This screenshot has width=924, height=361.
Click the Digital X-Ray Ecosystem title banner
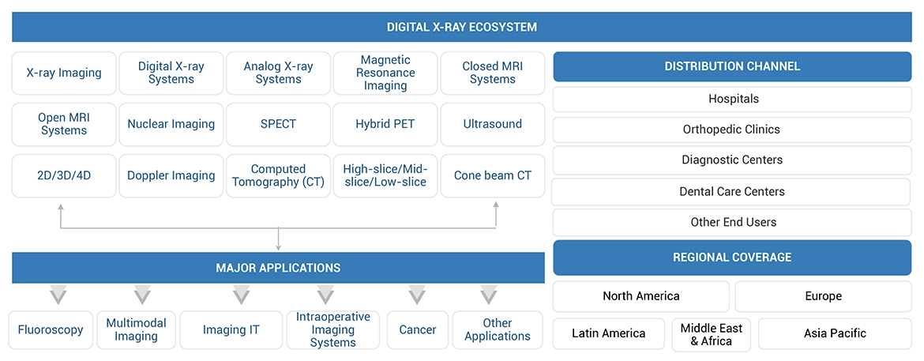[461, 27]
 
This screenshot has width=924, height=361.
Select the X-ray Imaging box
[64, 73]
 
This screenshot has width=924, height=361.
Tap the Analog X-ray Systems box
[278, 73]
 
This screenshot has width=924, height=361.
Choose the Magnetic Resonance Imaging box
[385, 73]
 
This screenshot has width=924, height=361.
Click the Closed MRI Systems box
[492, 73]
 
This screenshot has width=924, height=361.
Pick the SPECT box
[278, 124]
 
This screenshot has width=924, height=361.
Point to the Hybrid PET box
[385, 124]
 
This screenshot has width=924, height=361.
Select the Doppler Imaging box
[171, 175]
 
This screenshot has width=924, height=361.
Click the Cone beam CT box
[492, 175]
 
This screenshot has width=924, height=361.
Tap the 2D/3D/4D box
[64, 175]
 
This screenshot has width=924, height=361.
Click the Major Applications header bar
[278, 268]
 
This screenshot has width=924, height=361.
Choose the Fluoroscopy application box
[51, 330]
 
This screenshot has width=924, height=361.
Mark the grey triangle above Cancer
[417, 296]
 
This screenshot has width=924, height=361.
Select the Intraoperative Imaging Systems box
[332, 330]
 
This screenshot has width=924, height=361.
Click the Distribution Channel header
[732, 66]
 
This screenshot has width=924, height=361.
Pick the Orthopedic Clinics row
[732, 130]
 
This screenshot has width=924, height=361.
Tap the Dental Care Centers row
[732, 191]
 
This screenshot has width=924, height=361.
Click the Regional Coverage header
[732, 258]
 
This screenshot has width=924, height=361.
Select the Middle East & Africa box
[711, 334]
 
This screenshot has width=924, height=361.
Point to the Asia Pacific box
[835, 333]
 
